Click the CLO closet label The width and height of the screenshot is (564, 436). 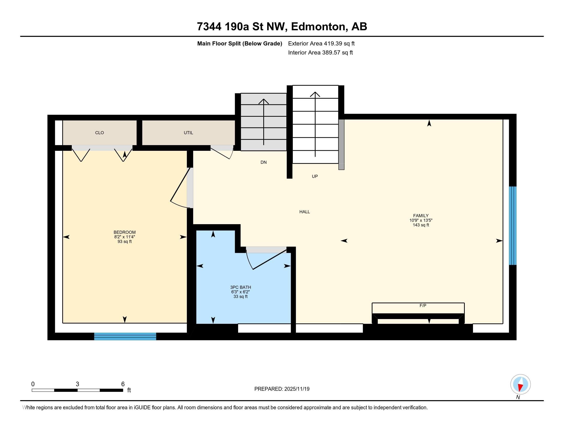point(99,133)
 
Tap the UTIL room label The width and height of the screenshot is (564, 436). point(188,133)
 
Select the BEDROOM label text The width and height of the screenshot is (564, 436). point(125,232)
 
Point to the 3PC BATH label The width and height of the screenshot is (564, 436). point(240,287)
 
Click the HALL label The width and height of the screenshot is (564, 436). point(305,212)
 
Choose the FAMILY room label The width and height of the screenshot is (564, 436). point(421,216)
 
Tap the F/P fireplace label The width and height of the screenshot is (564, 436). point(423,305)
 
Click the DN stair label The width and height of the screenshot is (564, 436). point(263,162)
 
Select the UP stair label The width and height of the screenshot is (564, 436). point(315,176)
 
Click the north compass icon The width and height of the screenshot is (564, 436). point(520,384)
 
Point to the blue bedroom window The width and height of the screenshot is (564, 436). point(125,336)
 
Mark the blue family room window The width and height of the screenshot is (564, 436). point(513,226)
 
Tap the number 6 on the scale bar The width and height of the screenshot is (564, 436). point(123,384)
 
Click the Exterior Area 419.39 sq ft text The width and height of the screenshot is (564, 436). point(321,43)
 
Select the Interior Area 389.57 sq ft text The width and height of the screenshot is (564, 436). point(320,52)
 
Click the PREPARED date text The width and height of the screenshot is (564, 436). point(282,389)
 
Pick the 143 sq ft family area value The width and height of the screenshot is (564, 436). point(421,225)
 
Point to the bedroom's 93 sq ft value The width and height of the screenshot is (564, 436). point(125,242)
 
